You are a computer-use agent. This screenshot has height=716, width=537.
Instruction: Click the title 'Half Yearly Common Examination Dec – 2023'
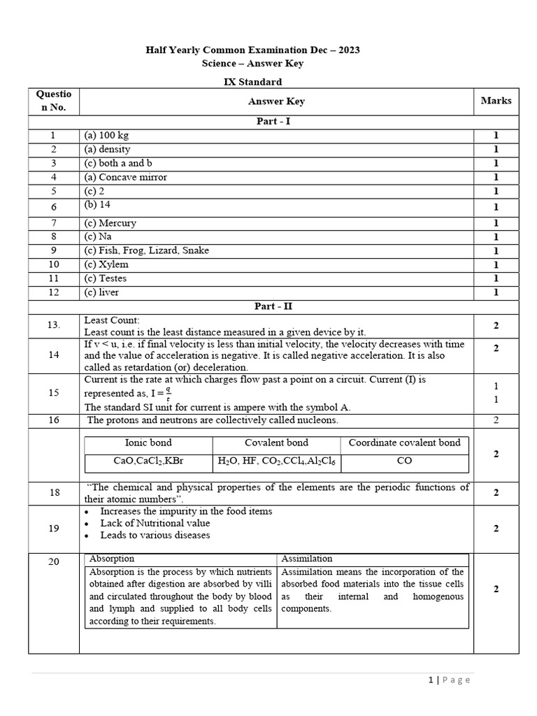click(x=252, y=50)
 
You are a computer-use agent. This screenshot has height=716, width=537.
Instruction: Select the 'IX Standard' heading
click(x=252, y=82)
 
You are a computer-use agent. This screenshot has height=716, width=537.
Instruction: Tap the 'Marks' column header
click(x=496, y=101)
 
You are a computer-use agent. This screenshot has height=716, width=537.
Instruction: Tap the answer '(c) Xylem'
click(x=106, y=264)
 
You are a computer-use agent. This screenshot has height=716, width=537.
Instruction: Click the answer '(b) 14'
click(x=98, y=205)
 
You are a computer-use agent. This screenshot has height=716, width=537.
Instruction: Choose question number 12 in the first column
click(x=54, y=292)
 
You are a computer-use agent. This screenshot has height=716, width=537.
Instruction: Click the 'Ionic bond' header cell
click(x=148, y=443)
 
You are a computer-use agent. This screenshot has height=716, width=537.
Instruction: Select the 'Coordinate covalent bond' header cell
click(x=404, y=443)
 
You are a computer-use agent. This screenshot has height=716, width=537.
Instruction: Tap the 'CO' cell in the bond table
click(x=404, y=461)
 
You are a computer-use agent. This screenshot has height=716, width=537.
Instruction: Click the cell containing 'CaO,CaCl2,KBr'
click(x=148, y=461)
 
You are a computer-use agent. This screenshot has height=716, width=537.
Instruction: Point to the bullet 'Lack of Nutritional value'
click(x=155, y=523)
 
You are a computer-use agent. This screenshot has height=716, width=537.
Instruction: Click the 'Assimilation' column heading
click(x=307, y=559)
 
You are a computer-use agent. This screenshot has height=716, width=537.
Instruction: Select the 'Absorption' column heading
click(x=112, y=559)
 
